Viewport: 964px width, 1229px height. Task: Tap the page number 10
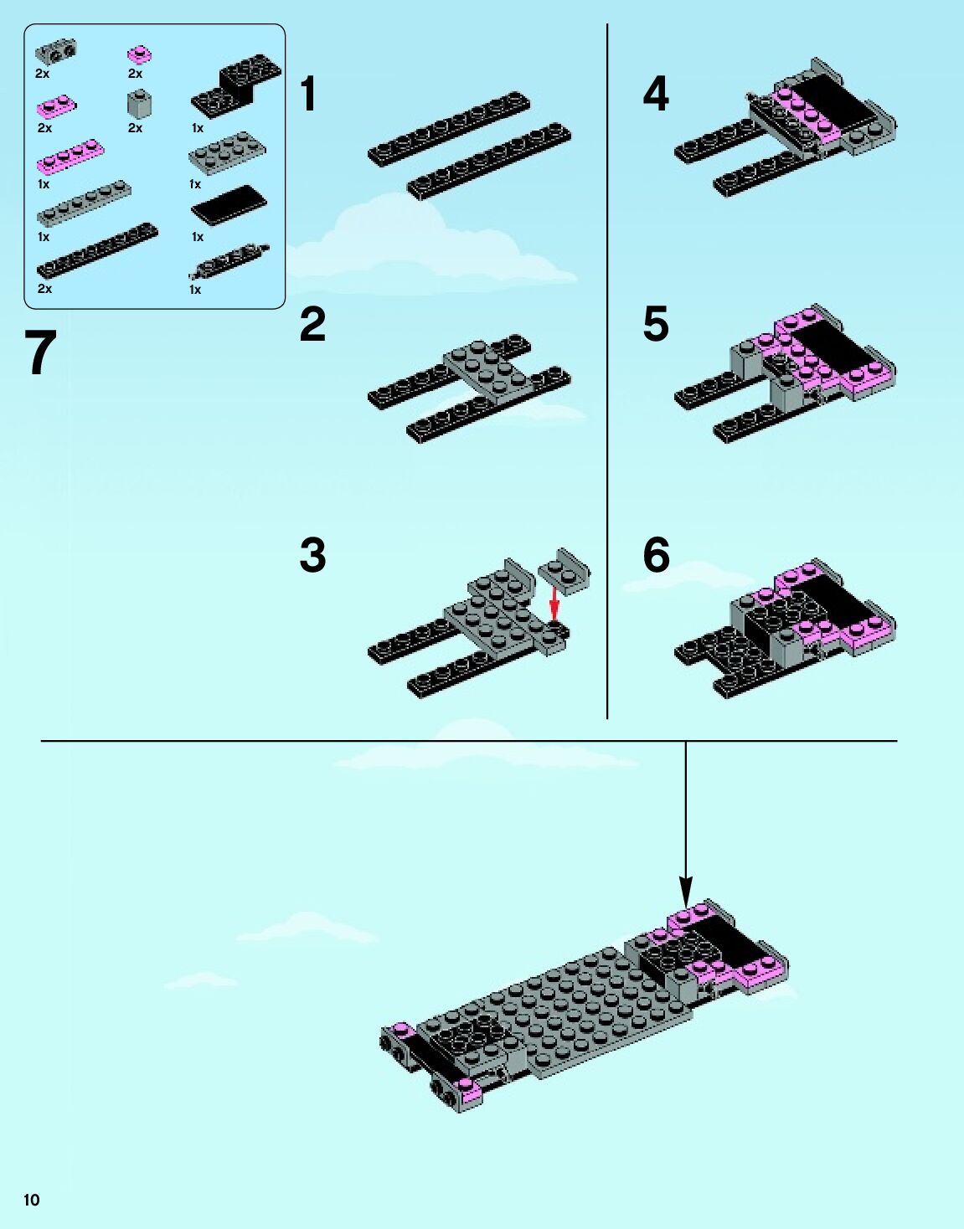tap(32, 1201)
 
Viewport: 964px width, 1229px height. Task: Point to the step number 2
tap(312, 324)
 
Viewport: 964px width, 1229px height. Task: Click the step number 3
tap(312, 555)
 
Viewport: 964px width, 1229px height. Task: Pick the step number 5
tap(657, 324)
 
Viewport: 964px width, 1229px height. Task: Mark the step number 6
tap(657, 555)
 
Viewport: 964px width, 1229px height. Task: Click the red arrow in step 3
tap(554, 605)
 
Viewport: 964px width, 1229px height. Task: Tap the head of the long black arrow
tap(686, 893)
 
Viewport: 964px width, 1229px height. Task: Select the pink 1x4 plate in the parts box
tap(70, 157)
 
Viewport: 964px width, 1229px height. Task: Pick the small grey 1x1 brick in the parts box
tap(139, 104)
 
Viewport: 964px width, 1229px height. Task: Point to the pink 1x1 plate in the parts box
tap(139, 55)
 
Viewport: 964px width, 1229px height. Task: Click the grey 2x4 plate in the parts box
tap(227, 151)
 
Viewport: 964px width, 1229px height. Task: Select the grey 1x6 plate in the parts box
tap(85, 204)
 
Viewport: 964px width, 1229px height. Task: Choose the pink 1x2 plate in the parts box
tap(57, 106)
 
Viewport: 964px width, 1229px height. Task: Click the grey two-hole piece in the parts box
tap(56, 51)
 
